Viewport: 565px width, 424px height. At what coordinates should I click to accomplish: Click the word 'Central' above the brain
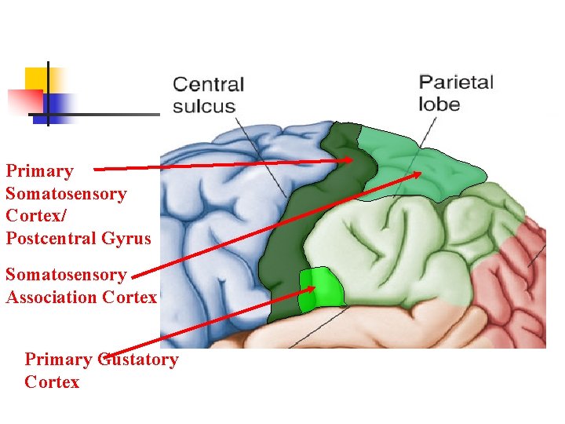208,85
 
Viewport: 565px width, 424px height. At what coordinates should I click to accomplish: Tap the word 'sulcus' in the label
204,106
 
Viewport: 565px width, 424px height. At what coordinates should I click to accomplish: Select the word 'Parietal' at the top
456,82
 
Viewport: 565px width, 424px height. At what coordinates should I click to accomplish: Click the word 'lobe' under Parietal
439,104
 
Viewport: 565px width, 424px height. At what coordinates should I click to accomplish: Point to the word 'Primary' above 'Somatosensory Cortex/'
39,171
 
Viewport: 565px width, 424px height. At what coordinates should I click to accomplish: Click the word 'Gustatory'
137,360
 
